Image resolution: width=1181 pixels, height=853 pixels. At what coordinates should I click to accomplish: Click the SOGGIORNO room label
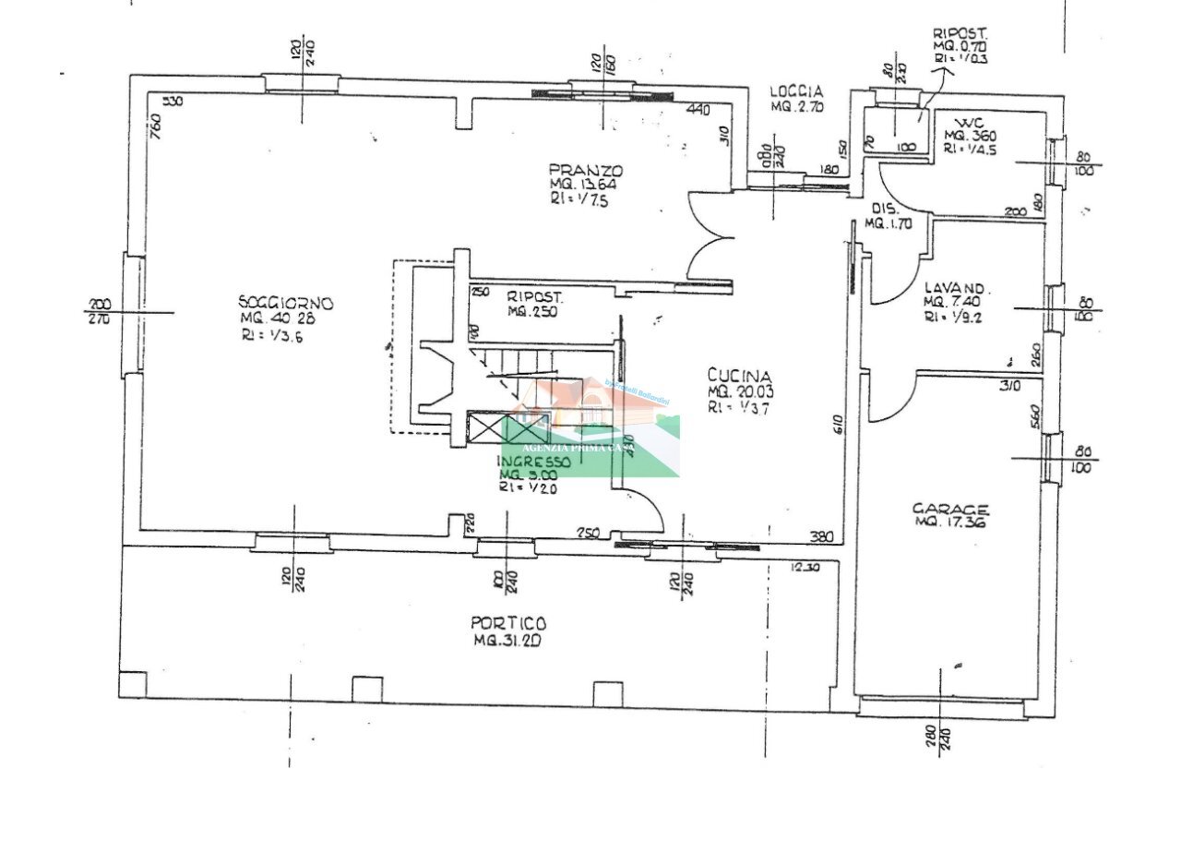pyautogui.click(x=286, y=303)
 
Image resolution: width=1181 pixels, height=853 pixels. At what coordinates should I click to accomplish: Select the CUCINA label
pyautogui.click(x=739, y=375)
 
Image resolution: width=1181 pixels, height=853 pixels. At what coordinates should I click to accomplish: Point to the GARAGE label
pyautogui.click(x=950, y=509)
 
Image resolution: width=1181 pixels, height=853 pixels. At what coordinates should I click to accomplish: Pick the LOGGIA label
pyautogui.click(x=797, y=91)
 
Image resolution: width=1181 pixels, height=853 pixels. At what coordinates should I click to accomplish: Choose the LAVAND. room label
pyautogui.click(x=955, y=286)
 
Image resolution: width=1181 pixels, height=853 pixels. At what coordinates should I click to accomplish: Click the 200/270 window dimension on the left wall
pyautogui.click(x=99, y=312)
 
